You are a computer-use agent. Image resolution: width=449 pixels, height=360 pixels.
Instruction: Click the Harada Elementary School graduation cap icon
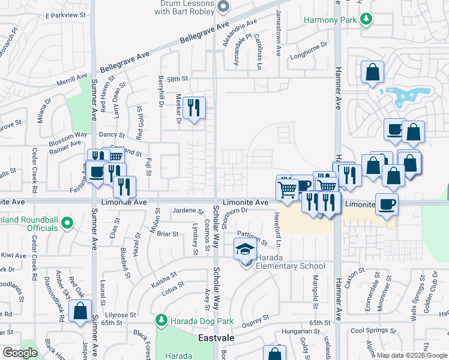[244, 249]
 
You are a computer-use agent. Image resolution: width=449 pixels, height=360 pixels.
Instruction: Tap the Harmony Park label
[330, 20]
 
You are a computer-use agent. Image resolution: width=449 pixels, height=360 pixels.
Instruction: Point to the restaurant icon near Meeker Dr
[193, 108]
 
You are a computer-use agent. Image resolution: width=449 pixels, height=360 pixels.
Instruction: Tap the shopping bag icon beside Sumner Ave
[79, 311]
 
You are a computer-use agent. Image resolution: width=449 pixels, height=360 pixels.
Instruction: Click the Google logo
[20, 353]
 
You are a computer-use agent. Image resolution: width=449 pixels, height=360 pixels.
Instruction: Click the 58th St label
[178, 79]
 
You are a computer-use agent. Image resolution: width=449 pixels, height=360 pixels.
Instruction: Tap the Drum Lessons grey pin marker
[223, 7]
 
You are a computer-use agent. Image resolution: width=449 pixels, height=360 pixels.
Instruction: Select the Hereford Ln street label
[278, 228]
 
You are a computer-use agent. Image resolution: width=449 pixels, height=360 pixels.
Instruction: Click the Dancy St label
[112, 136]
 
